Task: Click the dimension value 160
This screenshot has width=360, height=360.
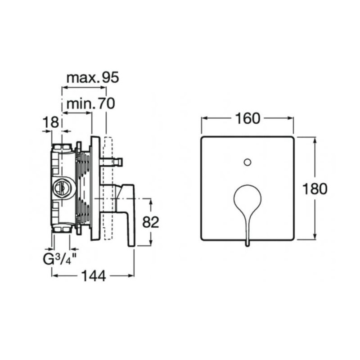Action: pyautogui.click(x=248, y=119)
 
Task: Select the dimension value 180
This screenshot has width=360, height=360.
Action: pyautogui.click(x=315, y=189)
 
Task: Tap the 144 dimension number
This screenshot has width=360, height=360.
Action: pyautogui.click(x=94, y=276)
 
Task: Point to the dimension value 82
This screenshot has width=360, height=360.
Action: pyautogui.click(x=151, y=222)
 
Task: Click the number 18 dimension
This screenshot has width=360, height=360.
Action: pyautogui.click(x=51, y=122)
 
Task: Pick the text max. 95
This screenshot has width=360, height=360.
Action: pyautogui.click(x=93, y=78)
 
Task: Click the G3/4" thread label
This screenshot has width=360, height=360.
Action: pyautogui.click(x=60, y=260)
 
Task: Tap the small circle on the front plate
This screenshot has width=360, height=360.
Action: pyautogui.click(x=247, y=162)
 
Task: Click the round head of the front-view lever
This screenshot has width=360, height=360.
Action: pyautogui.click(x=247, y=198)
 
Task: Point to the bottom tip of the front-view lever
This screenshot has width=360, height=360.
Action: pyautogui.click(x=247, y=246)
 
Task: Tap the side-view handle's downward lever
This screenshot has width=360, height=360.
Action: pyautogui.click(x=131, y=227)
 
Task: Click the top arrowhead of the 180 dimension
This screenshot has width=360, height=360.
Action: pyautogui.click(x=315, y=140)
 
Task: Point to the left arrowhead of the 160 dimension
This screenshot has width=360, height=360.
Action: pyautogui.click(x=205, y=118)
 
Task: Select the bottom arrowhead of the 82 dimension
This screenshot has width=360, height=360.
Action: pyautogui.click(x=151, y=242)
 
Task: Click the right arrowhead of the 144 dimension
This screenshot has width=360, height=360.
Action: pyautogui.click(x=131, y=275)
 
